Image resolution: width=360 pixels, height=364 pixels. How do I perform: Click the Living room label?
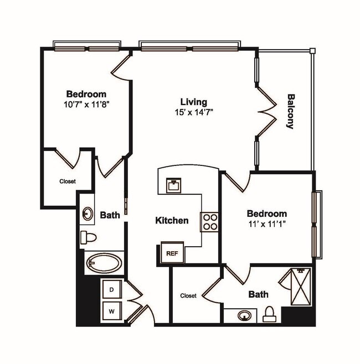pos(193,102)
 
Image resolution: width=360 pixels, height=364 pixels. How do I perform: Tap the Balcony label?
pos(290,111)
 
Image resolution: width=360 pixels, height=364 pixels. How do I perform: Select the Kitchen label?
pos(171,220)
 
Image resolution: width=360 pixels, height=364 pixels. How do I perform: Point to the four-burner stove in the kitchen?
pos(210,221)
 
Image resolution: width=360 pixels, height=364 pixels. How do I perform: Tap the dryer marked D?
pos(111,289)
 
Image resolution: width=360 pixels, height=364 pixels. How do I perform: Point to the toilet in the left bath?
pos(89,238)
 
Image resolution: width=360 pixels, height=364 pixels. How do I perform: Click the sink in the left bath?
pos(88,214)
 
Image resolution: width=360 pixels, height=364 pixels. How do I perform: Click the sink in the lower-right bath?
pos(244,316)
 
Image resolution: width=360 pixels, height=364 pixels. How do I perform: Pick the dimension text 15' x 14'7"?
pos(193,112)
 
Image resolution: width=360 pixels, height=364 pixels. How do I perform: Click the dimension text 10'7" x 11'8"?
pos(86,104)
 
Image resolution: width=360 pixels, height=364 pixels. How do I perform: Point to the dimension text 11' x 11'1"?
pos(266,224)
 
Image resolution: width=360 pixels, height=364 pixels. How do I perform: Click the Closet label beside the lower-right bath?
pos(188,296)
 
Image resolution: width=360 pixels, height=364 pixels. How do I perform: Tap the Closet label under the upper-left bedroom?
pos(68,181)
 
